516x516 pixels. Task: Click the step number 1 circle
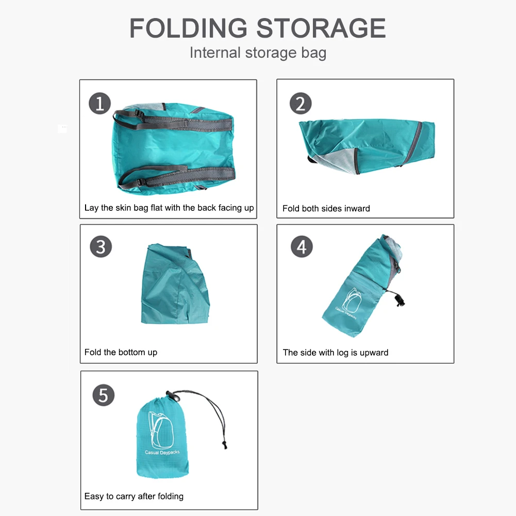[100, 103]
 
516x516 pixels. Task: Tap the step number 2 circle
[301, 103]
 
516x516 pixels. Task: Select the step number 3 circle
[101, 247]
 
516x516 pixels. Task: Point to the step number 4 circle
[302, 247]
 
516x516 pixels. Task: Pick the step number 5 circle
[103, 395]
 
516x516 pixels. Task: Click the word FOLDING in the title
[189, 28]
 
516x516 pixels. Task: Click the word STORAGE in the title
[321, 28]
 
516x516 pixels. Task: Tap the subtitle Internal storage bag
[258, 53]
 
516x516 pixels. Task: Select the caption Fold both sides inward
[326, 209]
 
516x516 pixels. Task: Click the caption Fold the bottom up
[121, 353]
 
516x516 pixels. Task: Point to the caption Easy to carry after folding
[134, 496]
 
